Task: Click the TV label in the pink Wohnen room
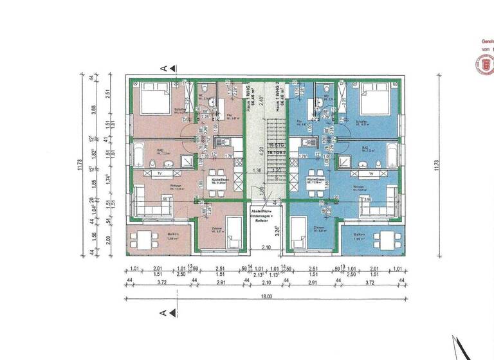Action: coord(159,174)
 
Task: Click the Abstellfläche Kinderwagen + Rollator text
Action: coord(266,216)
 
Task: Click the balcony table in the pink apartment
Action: coord(143,240)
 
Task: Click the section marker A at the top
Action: coord(164,67)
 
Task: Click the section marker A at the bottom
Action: coord(164,312)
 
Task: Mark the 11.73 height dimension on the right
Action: coord(437,164)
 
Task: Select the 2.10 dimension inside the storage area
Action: coord(266,248)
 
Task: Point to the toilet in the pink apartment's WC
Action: coord(205,89)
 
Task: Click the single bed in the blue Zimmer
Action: coord(300,233)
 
